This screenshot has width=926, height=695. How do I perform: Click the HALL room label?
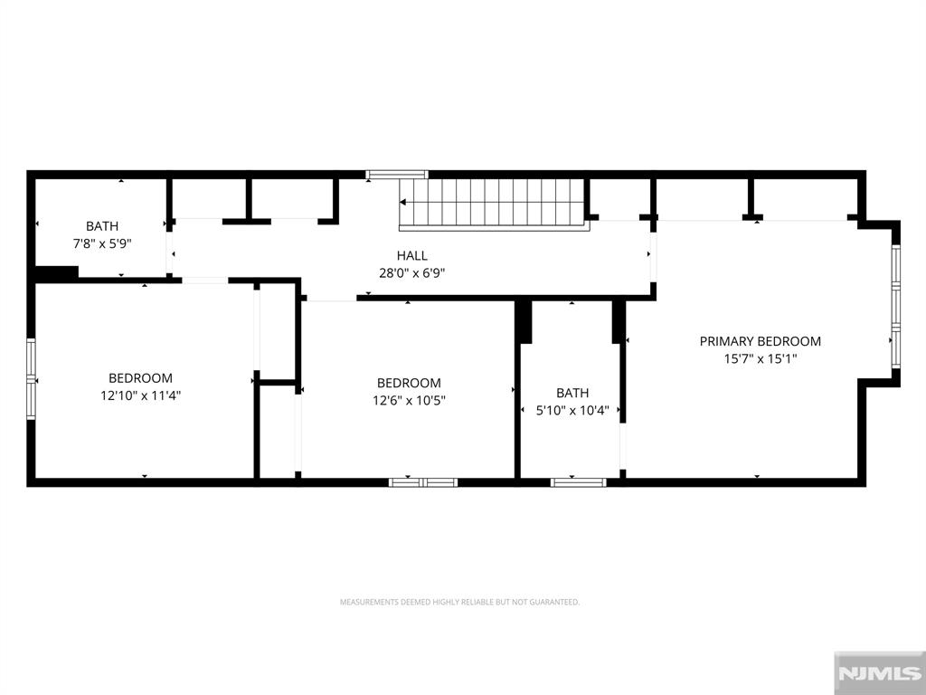pos(411,256)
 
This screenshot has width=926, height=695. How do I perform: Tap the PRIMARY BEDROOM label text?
pos(760,341)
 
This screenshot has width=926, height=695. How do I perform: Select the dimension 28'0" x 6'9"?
pos(411,273)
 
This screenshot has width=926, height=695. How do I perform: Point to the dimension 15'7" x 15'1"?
pos(760,358)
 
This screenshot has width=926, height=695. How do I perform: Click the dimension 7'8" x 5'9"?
pos(102,243)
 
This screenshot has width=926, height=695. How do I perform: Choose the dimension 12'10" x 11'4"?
pos(140,395)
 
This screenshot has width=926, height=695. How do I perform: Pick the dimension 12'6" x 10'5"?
pos(409,400)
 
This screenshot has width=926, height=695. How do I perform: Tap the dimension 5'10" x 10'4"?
pos(572,410)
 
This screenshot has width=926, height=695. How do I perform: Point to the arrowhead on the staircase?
pos(402,202)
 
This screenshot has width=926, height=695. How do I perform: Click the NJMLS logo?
pos(880,673)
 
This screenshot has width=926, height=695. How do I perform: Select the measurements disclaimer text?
pos(459,602)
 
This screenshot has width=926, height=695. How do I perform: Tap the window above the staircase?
pos(397,175)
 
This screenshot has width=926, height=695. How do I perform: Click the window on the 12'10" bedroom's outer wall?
pos(31,379)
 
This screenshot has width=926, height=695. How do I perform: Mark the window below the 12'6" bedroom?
pos(423,482)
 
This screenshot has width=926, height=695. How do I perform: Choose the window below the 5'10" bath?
pos(578,482)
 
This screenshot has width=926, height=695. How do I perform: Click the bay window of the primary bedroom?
pos(896,306)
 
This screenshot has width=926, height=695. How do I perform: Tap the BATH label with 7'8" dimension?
pos(102,225)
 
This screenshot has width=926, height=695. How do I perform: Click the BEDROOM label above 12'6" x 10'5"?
pos(409,383)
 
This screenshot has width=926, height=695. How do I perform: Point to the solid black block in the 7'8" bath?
pos(57,273)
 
